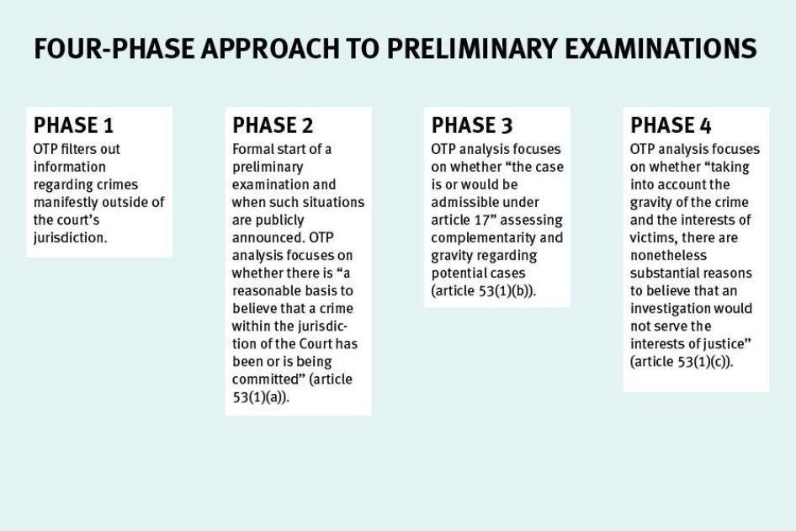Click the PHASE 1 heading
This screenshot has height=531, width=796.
pos(73,125)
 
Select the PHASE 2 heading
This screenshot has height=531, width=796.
pos(273,125)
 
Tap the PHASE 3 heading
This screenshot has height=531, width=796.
pos(472,125)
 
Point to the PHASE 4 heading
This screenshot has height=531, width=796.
pos(671,125)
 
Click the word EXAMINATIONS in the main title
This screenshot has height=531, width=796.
pos(652,49)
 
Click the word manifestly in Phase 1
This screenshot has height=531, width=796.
pos(67,202)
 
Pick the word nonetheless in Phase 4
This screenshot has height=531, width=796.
pos(668,255)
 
